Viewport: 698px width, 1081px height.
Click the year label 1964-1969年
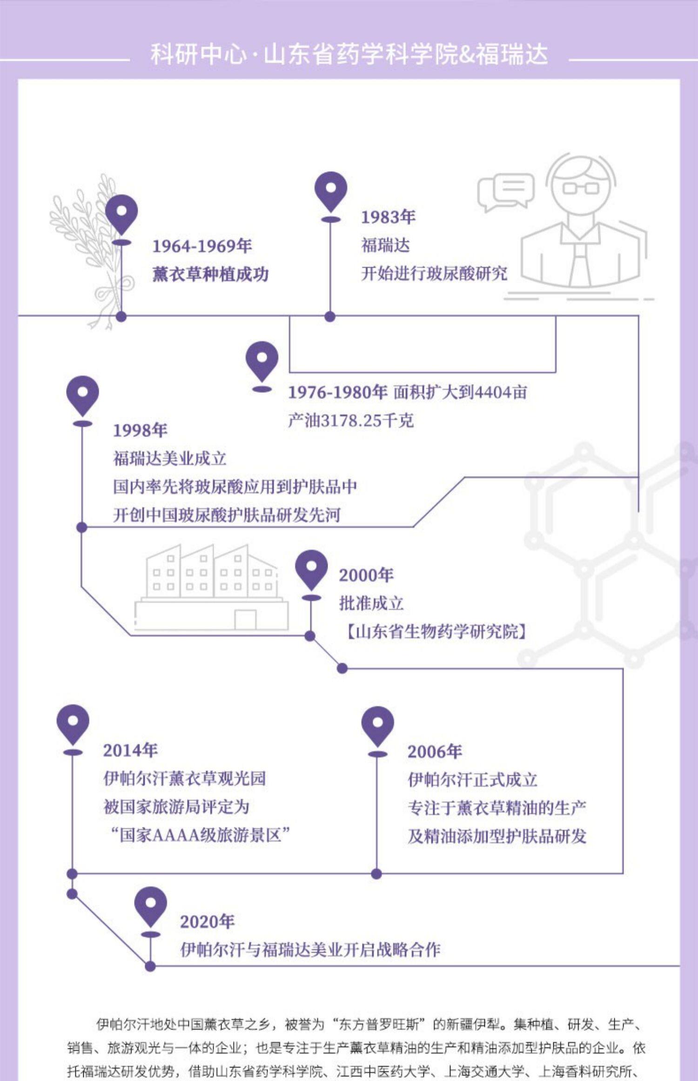[x=202, y=246]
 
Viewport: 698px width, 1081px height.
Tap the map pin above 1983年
[x=330, y=191]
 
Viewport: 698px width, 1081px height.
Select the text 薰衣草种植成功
[x=210, y=274]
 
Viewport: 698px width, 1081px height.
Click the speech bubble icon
[x=505, y=191]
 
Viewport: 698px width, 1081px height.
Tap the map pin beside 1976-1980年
[x=262, y=361]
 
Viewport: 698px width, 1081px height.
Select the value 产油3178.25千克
[x=350, y=420]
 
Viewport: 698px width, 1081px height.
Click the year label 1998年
[x=140, y=430]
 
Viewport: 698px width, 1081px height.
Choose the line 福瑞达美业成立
[x=169, y=459]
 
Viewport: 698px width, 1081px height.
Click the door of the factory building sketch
[x=245, y=619]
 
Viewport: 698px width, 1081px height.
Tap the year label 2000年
[x=366, y=575]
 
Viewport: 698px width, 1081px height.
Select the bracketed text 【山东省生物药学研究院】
[x=436, y=632]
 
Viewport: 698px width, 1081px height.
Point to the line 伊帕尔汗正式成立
[x=472, y=779]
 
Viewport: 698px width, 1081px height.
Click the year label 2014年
[x=130, y=750]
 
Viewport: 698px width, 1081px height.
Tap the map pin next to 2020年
[x=150, y=905]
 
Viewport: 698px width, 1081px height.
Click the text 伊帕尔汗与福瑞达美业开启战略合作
[x=310, y=949]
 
